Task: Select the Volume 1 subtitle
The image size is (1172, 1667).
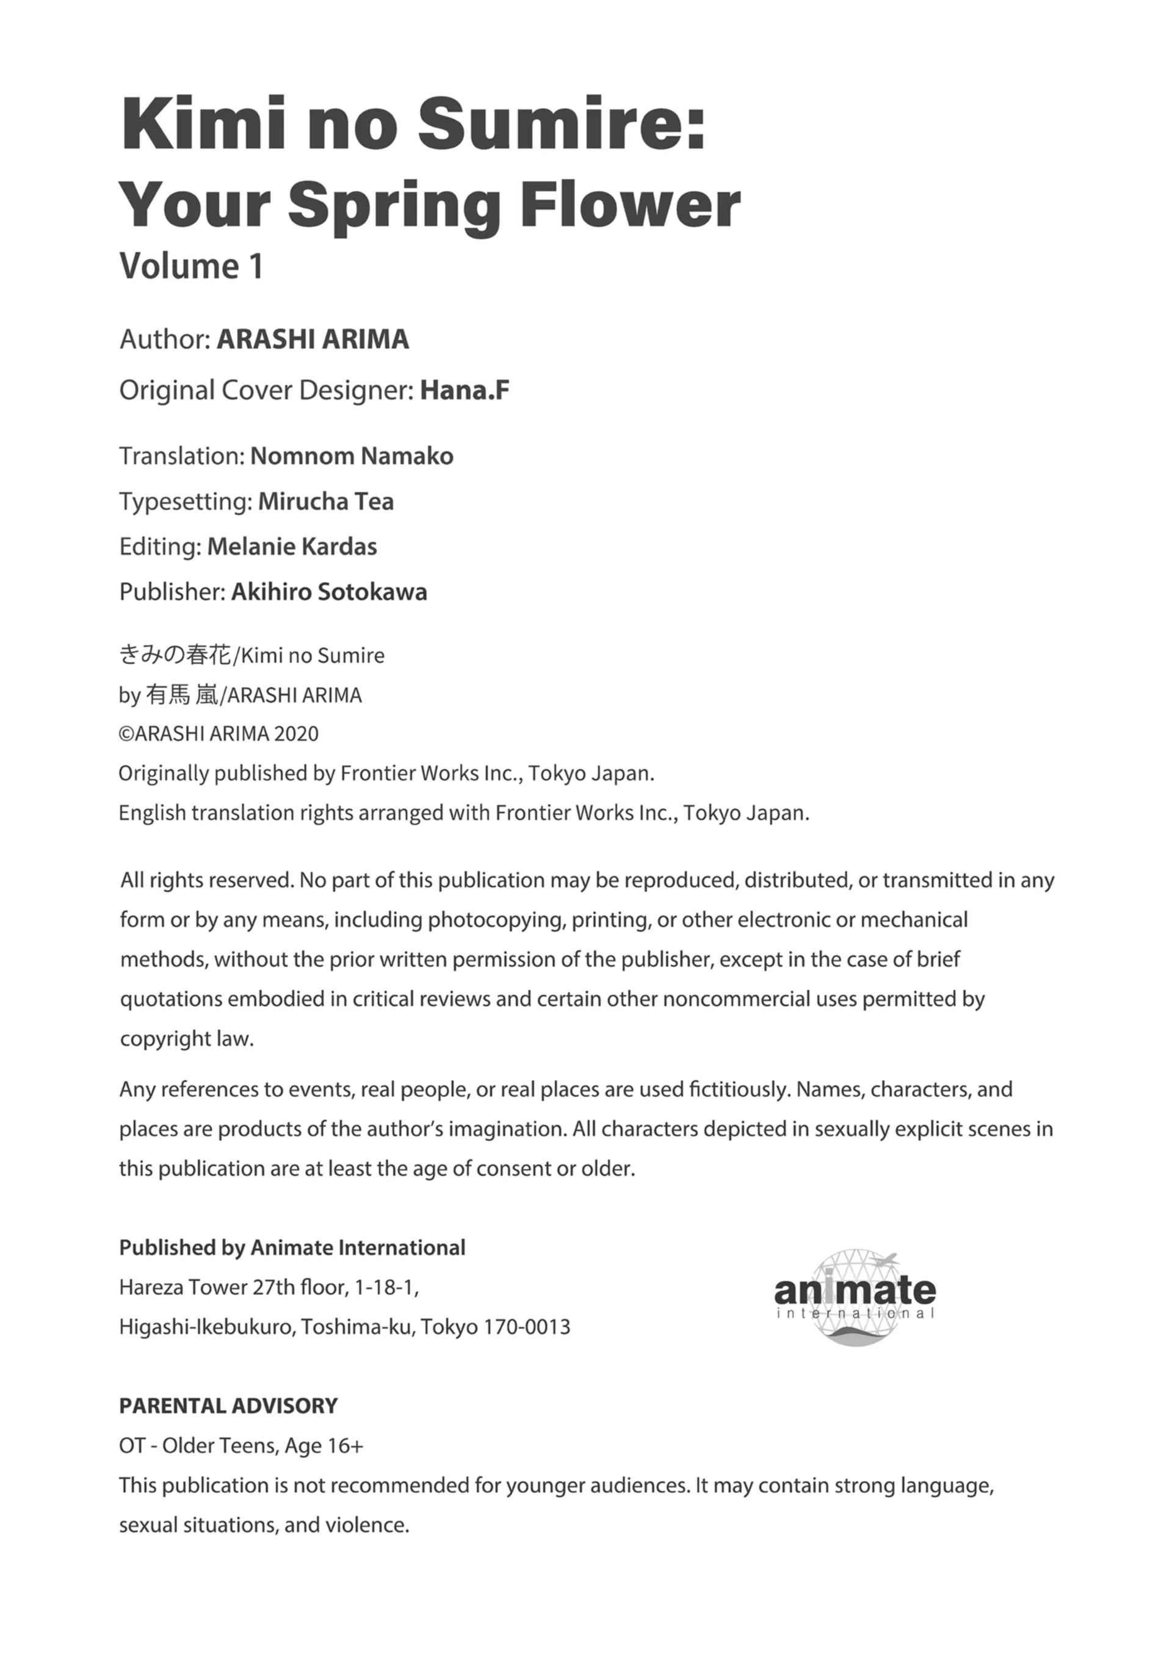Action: click(191, 266)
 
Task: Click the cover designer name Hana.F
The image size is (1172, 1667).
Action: click(465, 390)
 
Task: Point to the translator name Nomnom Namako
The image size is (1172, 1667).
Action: click(352, 456)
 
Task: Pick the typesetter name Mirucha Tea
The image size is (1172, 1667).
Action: click(326, 502)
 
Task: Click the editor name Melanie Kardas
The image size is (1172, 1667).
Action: click(292, 547)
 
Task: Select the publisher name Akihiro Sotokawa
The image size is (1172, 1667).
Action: click(329, 593)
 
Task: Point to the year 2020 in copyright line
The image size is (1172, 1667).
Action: click(296, 734)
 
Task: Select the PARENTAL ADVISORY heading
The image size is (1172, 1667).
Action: click(228, 1406)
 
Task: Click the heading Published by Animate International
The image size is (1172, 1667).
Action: click(292, 1248)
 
